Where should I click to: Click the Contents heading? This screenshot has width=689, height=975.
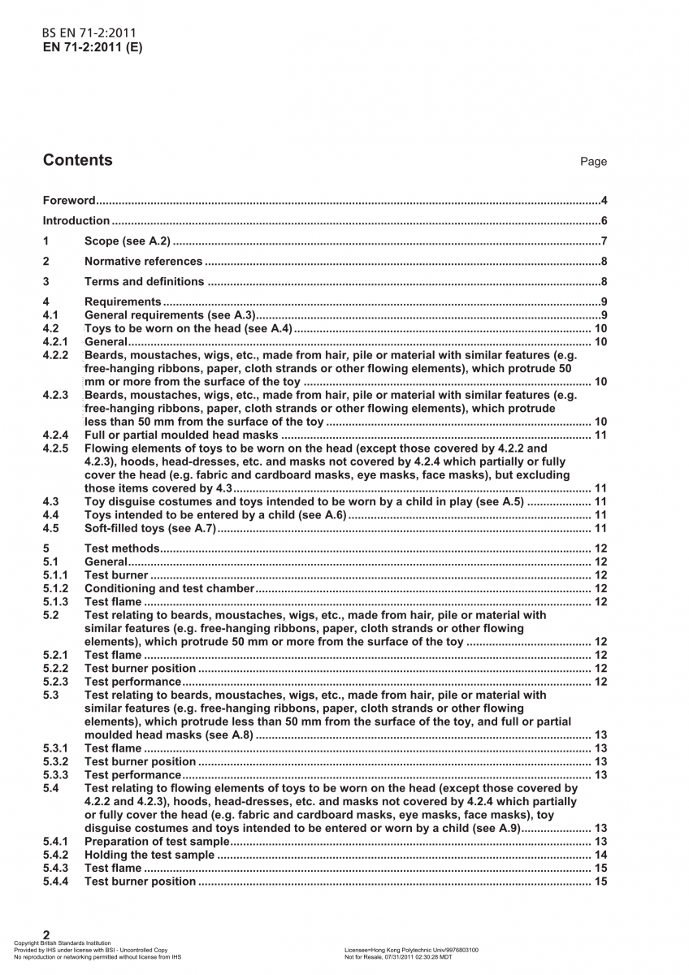point(78,160)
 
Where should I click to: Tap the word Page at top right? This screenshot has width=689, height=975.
point(593,162)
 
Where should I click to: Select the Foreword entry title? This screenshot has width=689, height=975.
point(69,201)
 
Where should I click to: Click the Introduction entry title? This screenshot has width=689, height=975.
point(76,221)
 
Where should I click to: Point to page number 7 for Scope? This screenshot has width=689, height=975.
point(604,241)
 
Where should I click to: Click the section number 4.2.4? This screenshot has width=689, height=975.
point(55,435)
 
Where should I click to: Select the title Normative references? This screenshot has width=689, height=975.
point(143,262)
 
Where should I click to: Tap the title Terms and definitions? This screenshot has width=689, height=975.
point(144,282)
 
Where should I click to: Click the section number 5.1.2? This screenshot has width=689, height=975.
point(55,588)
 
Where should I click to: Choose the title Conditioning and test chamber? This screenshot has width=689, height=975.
point(169,588)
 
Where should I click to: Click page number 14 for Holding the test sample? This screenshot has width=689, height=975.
point(601,855)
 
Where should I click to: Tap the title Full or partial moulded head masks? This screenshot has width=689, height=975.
point(181,435)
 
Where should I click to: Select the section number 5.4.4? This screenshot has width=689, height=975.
point(55,882)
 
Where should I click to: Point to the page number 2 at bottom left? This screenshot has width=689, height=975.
point(46,934)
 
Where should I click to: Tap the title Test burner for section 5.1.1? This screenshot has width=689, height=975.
point(116,575)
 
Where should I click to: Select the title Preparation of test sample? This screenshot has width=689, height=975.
point(158,842)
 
